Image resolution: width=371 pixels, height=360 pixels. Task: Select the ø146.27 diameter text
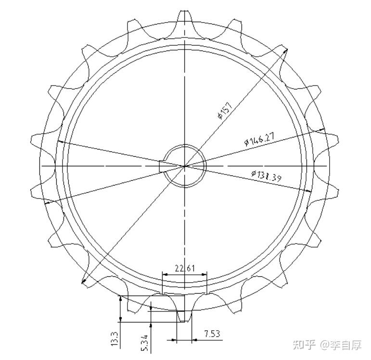click(259, 140)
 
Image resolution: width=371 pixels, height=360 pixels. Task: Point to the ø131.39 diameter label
click(266, 176)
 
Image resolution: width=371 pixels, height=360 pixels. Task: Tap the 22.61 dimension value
click(184, 269)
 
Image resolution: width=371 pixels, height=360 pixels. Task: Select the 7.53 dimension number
click(212, 333)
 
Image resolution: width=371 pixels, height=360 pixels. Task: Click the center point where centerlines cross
click(185, 165)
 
